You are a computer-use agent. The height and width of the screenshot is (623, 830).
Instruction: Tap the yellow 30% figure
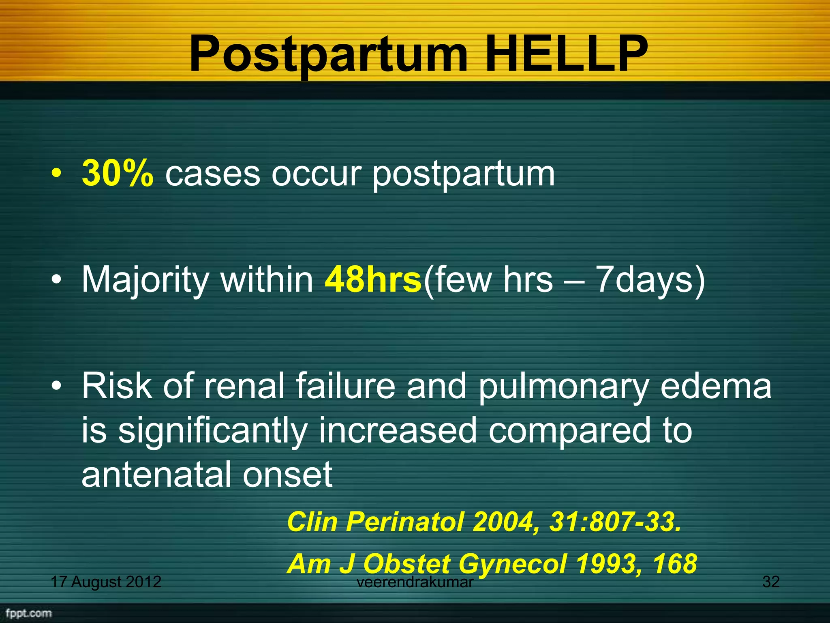pyautogui.click(x=118, y=174)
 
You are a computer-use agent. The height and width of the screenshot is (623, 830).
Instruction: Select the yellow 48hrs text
pyautogui.click(x=373, y=280)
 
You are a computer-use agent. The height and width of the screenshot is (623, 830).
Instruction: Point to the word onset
pyautogui.click(x=287, y=474)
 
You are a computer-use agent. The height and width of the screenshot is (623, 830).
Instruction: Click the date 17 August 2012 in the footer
pyautogui.click(x=106, y=582)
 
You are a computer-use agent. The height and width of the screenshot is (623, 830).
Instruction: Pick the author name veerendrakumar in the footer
pyautogui.click(x=415, y=582)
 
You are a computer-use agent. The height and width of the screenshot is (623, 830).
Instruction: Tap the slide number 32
pyautogui.click(x=771, y=582)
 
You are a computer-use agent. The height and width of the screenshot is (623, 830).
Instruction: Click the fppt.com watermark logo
pyautogui.click(x=29, y=613)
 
